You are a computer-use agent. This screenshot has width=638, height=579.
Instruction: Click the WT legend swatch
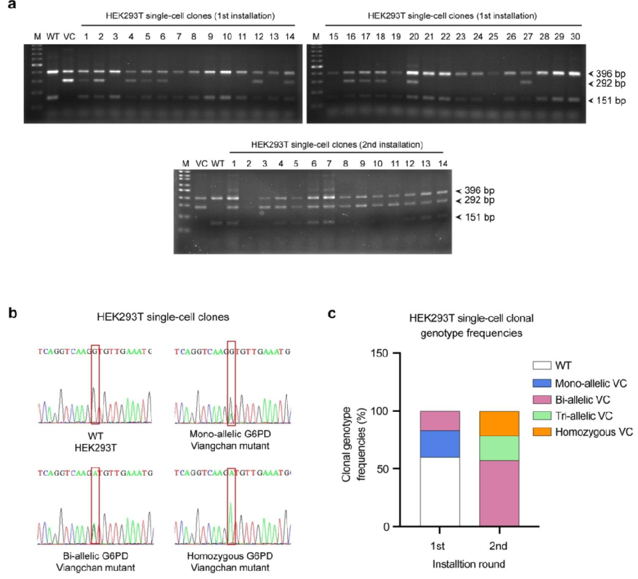point(542,365)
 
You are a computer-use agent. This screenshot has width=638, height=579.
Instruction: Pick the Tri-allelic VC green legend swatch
point(542,415)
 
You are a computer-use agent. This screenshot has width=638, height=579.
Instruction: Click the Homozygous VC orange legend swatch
point(542,432)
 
